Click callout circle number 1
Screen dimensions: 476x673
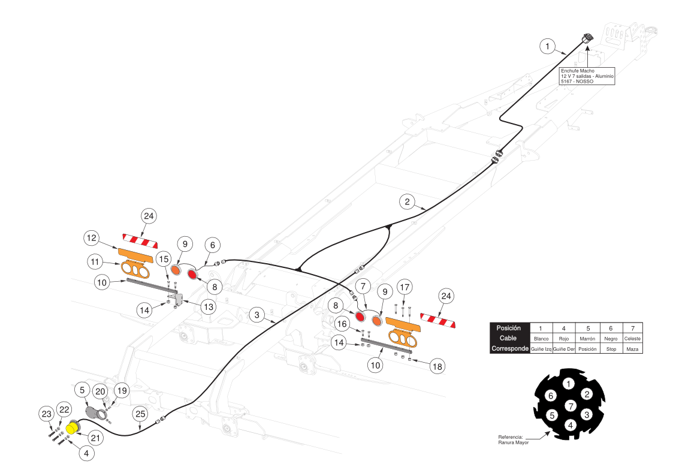pyautogui.click(x=547, y=45)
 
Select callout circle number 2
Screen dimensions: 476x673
pyautogui.click(x=407, y=201)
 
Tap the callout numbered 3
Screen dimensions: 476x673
pyautogui.click(x=256, y=314)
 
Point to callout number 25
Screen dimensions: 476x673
pyautogui.click(x=140, y=414)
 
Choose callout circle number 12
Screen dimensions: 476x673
pyautogui.click(x=91, y=238)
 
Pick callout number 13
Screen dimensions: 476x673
pyautogui.click(x=207, y=307)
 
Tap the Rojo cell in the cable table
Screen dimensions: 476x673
pyautogui.click(x=563, y=339)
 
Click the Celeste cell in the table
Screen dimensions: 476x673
pyautogui.click(x=632, y=339)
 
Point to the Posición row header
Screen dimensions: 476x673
pyautogui.click(x=509, y=329)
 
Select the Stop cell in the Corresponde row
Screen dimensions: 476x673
pyautogui.click(x=611, y=349)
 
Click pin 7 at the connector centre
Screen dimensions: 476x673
pyautogui.click(x=570, y=406)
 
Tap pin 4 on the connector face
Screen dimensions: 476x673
pyautogui.click(x=570, y=424)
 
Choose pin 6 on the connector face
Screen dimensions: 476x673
pyautogui.click(x=551, y=396)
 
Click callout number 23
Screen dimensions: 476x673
pyautogui.click(x=47, y=413)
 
